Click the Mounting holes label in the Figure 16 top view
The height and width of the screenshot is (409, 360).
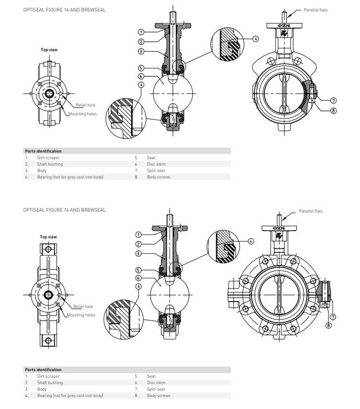click(x=81, y=315)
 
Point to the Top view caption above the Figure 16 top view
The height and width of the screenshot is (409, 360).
click(x=48, y=237)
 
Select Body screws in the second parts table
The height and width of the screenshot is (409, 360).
click(x=158, y=396)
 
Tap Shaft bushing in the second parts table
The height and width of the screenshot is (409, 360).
click(x=49, y=383)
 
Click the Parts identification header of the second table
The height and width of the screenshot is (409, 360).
click(x=43, y=370)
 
